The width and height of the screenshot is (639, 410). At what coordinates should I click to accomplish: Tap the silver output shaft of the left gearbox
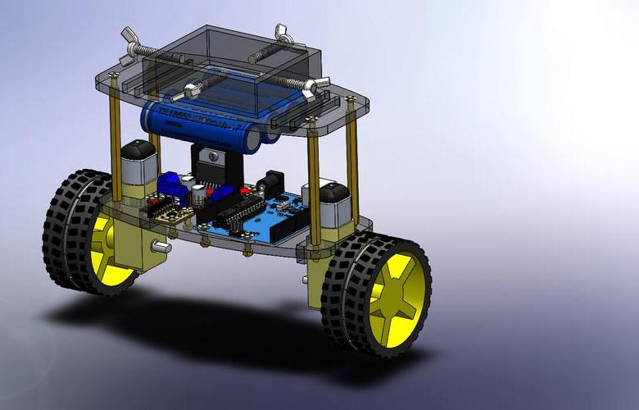(x=164, y=246)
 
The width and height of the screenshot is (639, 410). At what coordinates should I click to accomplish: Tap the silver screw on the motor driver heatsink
(x=212, y=155)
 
